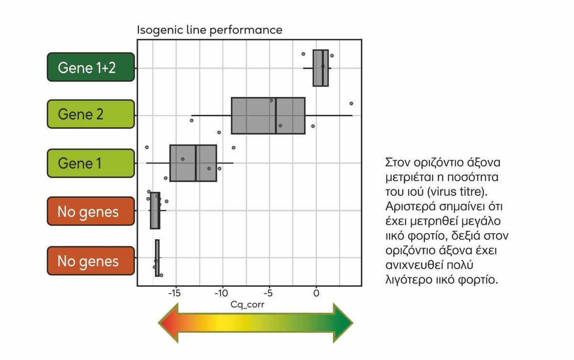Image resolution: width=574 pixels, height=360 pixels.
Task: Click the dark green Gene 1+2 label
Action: coord(90,67)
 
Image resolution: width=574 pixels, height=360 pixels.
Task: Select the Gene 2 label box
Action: coord(90,114)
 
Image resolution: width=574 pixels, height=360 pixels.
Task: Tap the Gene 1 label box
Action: coord(90,164)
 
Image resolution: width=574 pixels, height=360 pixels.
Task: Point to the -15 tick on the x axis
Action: coord(175,293)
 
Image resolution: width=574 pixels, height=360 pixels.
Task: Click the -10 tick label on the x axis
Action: coord(222,293)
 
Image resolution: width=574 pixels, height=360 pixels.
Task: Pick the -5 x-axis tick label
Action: coord(269,293)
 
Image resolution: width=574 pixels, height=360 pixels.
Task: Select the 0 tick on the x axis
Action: coord(316,293)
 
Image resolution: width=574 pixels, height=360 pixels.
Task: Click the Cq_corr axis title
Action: coord(247,304)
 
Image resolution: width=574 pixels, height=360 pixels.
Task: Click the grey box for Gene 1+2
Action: coord(320,68)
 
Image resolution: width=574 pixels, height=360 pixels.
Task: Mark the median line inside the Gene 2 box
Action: coord(276,115)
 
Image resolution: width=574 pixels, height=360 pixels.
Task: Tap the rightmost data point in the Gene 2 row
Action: coord(351,103)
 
